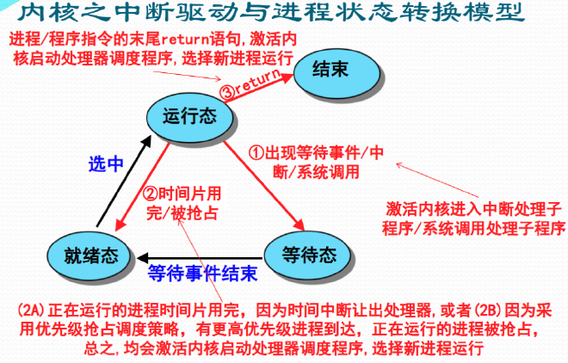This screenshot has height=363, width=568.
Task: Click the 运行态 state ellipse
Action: coord(190,116)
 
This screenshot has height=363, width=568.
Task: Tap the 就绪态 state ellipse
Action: coord(89,255)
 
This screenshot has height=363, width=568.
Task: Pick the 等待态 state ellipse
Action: coord(308,255)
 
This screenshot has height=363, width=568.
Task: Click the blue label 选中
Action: coord(106,164)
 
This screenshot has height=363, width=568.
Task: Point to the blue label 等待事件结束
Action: coord(203,274)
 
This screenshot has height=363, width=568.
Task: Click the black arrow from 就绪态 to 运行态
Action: coord(124,181)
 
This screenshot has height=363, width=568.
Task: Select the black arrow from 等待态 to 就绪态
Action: coord(200,258)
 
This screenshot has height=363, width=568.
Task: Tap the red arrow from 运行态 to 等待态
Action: coord(264,185)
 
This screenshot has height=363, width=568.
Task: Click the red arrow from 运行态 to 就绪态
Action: coord(142,187)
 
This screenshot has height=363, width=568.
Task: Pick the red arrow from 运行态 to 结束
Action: coord(258,88)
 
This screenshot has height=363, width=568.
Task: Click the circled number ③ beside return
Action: coord(227,92)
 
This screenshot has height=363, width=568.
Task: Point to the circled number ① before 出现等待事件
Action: coord(256,153)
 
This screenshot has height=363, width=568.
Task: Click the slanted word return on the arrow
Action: coord(257,81)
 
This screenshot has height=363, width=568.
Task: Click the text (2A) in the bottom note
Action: coord(31,311)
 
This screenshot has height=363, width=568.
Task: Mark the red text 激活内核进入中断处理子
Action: coord(473,209)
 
